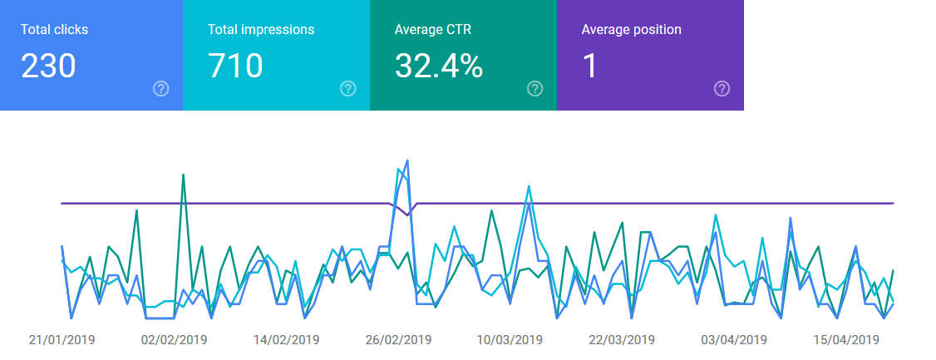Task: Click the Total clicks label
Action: pyautogui.click(x=54, y=29)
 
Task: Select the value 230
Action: pyautogui.click(x=48, y=66)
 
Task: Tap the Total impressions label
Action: pyautogui.click(x=261, y=29)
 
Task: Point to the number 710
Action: pyautogui.click(x=235, y=66)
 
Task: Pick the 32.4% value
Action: pyautogui.click(x=439, y=66)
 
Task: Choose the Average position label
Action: pyautogui.click(x=632, y=29)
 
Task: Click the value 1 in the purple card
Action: pyautogui.click(x=589, y=66)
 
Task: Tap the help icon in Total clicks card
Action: pyautogui.click(x=160, y=89)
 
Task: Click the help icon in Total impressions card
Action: pyautogui.click(x=348, y=89)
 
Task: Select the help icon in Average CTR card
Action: pyautogui.click(x=535, y=89)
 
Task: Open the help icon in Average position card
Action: pyautogui.click(x=722, y=89)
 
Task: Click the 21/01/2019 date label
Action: pyautogui.click(x=62, y=340)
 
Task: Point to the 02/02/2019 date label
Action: pyautogui.click(x=175, y=340)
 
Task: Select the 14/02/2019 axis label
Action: pyautogui.click(x=287, y=340)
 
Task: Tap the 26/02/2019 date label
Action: pyautogui.click(x=398, y=340)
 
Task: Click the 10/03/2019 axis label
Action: pyautogui.click(x=510, y=340)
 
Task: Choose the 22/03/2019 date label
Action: pyautogui.click(x=622, y=340)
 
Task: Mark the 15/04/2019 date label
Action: pyautogui.click(x=846, y=340)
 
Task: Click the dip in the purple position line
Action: pyautogui.click(x=407, y=215)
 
